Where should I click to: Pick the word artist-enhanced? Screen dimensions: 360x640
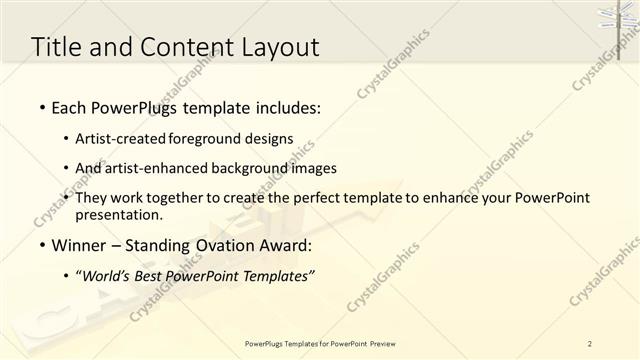pos(166,168)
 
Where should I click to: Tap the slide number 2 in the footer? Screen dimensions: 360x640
pos(590,343)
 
